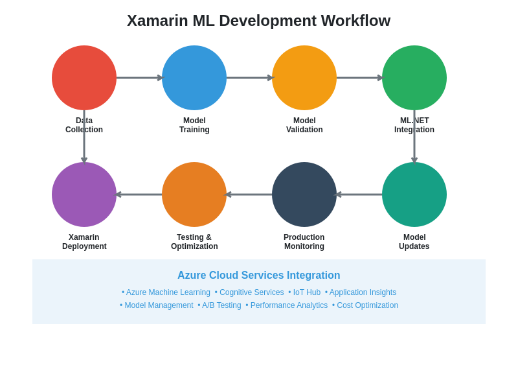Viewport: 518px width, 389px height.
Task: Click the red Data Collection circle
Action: [x=84, y=78]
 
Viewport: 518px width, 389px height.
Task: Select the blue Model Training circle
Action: [x=194, y=78]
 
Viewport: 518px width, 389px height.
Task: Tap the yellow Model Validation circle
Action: [x=304, y=78]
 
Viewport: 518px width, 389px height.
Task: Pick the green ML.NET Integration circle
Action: [x=414, y=78]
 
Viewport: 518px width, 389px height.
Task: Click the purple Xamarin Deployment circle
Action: [x=84, y=194]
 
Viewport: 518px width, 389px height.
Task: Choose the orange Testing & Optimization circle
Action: [x=194, y=194]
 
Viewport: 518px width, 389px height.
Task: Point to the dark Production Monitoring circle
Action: [x=304, y=194]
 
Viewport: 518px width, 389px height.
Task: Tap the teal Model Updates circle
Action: [x=414, y=194]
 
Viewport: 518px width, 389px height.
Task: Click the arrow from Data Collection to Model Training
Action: [x=139, y=78]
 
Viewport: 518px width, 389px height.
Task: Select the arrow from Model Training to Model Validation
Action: [x=249, y=78]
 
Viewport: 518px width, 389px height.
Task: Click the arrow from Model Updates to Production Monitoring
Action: [x=359, y=194]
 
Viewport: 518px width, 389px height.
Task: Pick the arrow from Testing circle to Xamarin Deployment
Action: [x=139, y=194]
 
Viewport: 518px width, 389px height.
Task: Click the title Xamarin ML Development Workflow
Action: [x=258, y=21]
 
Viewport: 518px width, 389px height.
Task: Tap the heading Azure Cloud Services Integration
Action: [x=258, y=276]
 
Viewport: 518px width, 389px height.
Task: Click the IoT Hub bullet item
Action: [x=306, y=292]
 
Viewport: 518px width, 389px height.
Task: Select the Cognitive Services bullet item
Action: [x=251, y=292]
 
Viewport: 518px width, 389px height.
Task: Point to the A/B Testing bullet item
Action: [x=221, y=305]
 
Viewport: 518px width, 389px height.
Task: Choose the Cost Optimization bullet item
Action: [x=367, y=305]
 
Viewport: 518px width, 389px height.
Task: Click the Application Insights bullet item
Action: [x=363, y=292]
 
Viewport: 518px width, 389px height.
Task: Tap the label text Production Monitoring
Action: [x=304, y=242]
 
